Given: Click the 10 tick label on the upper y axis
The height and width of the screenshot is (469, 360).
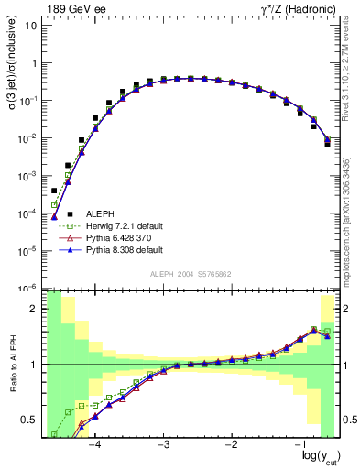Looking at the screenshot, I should pyautogui.click(x=31, y=26).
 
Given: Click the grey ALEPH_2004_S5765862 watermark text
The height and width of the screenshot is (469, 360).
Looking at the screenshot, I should pyautogui.click(x=190, y=274).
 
